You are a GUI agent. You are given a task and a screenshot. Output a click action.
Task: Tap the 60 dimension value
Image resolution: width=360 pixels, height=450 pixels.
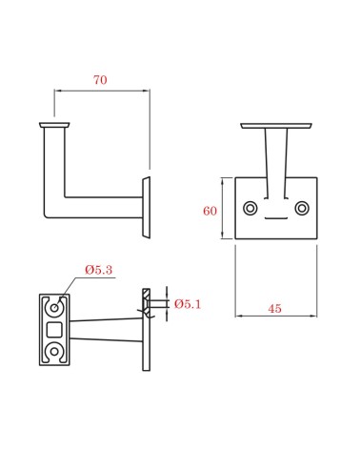coord(210,210)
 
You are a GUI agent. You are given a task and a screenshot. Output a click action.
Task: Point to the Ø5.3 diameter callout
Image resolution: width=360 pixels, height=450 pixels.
coord(98,271)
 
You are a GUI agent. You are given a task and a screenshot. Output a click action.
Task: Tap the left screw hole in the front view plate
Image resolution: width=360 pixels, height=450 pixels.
coord(250,208)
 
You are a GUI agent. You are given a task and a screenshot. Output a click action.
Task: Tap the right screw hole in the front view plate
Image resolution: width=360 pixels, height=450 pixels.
coord(302,208)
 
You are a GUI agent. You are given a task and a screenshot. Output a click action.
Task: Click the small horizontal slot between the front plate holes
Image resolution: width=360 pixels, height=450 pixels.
coord(276,218)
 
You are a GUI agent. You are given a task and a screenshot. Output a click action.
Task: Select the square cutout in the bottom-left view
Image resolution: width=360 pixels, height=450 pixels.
coord(56,330)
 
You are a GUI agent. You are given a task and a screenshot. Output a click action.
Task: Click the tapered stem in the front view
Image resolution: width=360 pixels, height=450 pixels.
coord(276,162)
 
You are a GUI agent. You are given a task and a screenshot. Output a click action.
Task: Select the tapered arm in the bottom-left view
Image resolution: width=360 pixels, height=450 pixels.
coord(105,330)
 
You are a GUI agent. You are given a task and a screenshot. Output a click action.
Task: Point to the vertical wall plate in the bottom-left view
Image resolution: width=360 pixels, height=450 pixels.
coord(146,329)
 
